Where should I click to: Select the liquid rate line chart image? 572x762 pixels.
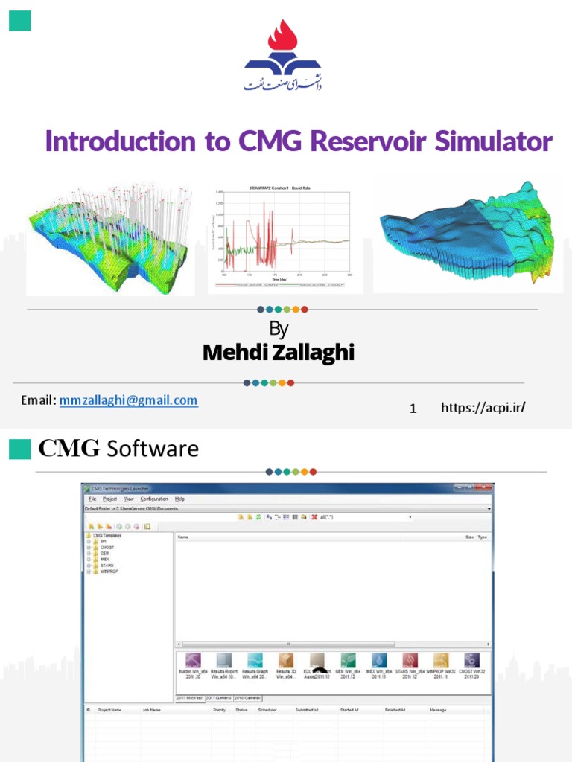tap(285, 237)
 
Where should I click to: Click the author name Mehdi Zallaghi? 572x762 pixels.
tap(279, 352)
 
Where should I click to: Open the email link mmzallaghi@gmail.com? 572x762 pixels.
tap(129, 400)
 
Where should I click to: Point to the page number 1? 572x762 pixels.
tap(413, 408)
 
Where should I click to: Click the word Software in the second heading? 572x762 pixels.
tap(153, 449)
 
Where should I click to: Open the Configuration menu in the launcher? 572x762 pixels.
tap(154, 499)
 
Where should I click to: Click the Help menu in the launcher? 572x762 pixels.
tap(180, 499)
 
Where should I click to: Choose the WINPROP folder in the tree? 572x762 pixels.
tap(109, 571)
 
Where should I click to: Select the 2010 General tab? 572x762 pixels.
tap(247, 698)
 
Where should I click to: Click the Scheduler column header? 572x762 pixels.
tap(267, 711)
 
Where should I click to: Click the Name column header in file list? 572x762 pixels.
tap(183, 536)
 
